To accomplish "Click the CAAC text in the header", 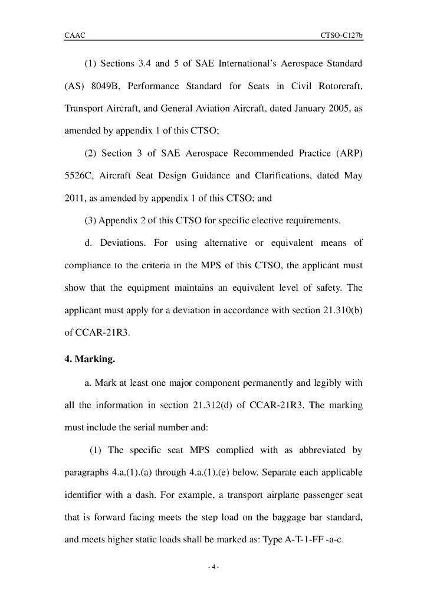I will click(75, 35).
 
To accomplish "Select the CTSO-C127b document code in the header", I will click(341, 35).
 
